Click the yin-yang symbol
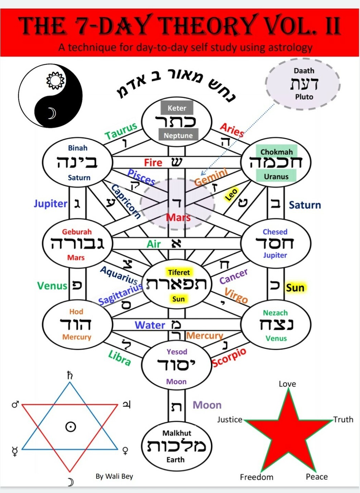[x=51, y=96]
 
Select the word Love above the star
[x=287, y=384]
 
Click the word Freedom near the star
[x=256, y=477]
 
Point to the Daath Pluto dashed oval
[x=303, y=84]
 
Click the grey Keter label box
[x=177, y=108]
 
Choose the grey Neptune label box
[x=178, y=135]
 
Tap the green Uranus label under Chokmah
[x=276, y=176]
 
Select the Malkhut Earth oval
[x=177, y=446]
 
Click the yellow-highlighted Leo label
[x=231, y=194]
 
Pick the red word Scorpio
[x=229, y=357]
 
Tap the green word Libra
[x=120, y=358]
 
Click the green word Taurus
[x=121, y=131]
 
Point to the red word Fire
[x=153, y=163]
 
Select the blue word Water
[x=150, y=325]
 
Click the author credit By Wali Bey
[x=114, y=476]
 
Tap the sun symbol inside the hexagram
[x=70, y=426]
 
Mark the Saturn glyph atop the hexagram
[x=70, y=375]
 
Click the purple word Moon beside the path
[x=207, y=405]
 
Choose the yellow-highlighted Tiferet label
[x=179, y=272]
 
